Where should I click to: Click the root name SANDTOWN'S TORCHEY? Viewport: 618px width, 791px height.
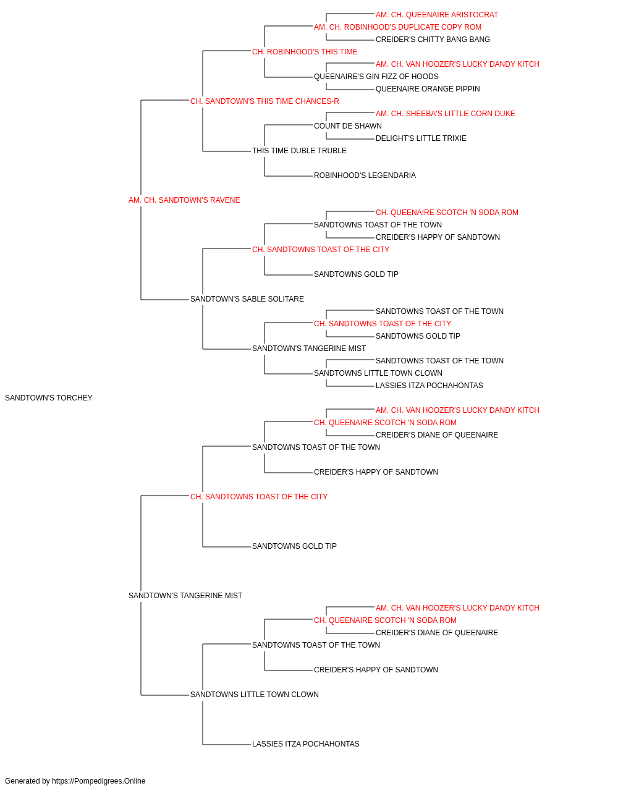[48, 398]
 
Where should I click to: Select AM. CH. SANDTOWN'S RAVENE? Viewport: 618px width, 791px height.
[184, 200]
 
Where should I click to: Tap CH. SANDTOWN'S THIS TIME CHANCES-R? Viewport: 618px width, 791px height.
[265, 101]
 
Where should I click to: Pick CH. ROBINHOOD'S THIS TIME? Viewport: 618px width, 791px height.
[305, 52]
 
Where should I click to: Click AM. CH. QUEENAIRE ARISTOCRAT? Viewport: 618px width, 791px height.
[437, 15]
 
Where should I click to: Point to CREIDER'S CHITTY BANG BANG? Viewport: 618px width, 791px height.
[433, 40]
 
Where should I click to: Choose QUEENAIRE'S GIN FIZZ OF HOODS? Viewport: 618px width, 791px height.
[376, 77]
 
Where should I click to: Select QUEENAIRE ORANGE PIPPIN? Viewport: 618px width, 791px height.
[428, 89]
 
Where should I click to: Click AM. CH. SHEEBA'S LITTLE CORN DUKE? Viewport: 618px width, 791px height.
[445, 114]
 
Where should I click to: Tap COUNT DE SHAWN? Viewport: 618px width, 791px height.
[347, 126]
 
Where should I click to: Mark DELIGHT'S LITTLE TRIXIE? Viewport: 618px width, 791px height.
[421, 138]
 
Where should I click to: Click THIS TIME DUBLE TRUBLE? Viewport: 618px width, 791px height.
[299, 151]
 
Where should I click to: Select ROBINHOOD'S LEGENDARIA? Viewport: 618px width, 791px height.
[365, 176]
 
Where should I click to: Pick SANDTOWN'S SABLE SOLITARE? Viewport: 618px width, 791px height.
[247, 299]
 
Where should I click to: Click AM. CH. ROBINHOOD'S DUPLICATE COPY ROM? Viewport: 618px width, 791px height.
[397, 27]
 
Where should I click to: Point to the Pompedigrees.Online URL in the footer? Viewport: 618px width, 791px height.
[98, 781]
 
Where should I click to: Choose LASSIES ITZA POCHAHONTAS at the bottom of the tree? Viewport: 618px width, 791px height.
[305, 743]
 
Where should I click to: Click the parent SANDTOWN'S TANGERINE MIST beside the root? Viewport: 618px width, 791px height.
[185, 596]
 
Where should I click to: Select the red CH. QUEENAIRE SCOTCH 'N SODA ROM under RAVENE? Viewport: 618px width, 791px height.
[447, 213]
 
